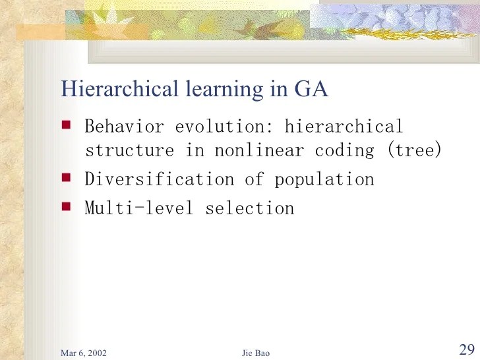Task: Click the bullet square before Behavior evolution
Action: (66, 123)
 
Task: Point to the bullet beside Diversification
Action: (66, 177)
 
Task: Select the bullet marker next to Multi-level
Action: (66, 206)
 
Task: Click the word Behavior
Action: (124, 126)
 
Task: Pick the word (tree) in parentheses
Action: (414, 150)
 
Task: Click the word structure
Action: (129, 150)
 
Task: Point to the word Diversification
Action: (159, 179)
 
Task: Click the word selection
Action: (249, 208)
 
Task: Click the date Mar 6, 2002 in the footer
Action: (84, 353)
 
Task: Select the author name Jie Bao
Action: (256, 353)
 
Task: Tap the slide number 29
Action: (465, 349)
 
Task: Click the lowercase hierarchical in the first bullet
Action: (344, 126)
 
